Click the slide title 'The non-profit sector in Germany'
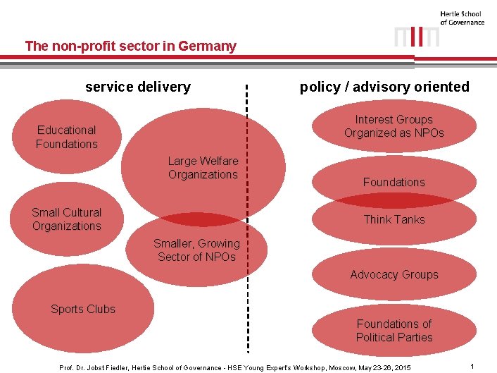coord(130,47)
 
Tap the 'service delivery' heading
coord(138,87)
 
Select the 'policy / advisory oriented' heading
coord(384,87)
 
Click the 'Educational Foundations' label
coord(67,137)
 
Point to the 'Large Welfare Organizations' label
coord(203,168)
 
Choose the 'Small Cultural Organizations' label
coord(67,219)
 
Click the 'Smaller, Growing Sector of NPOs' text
coord(196,250)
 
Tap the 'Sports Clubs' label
coord(83,309)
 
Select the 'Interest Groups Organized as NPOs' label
coord(394,126)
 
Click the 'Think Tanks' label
coord(394,219)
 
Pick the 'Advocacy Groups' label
coord(394,274)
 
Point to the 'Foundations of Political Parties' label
coord(394,330)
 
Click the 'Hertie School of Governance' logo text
coord(462,18)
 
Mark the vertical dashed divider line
coord(247,212)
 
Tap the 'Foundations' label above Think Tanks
coord(394,182)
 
